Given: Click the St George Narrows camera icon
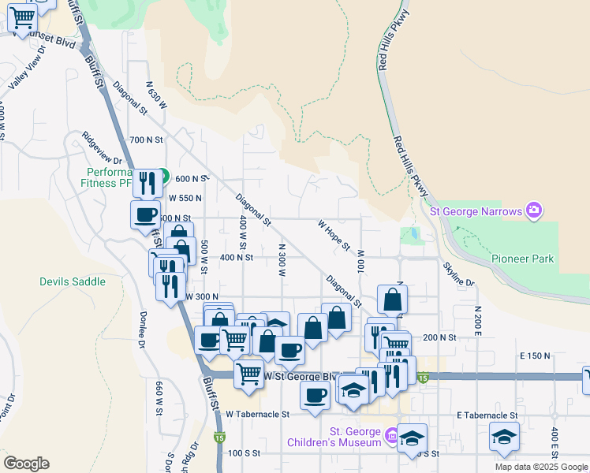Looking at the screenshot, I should (x=534, y=210).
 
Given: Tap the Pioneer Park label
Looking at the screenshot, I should (x=522, y=259).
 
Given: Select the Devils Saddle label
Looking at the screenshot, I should (x=72, y=281).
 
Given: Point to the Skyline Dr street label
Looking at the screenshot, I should (x=458, y=272).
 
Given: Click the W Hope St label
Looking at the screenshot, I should (x=334, y=235).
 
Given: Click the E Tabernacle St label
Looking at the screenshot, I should (x=487, y=415).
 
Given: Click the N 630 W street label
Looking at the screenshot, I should (x=157, y=94).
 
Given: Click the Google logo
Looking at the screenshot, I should (x=26, y=464).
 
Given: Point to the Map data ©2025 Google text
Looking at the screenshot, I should (x=541, y=467).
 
